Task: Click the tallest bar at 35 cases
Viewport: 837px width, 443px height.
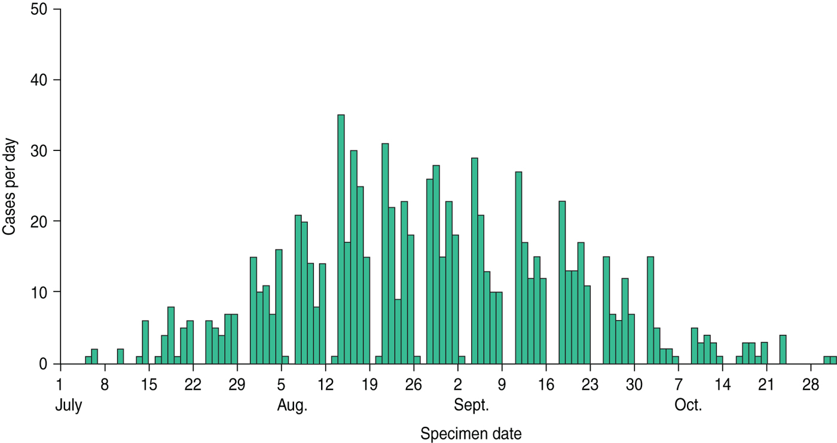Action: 341,239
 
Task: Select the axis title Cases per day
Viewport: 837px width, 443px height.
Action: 11,187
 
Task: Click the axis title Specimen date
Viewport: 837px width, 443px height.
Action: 471,433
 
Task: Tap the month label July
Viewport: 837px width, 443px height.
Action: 69,407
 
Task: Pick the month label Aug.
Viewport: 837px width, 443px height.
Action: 292,407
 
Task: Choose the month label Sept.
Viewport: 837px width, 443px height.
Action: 472,407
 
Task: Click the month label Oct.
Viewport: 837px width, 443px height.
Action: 688,407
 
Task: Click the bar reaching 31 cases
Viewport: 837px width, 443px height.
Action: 385,254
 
